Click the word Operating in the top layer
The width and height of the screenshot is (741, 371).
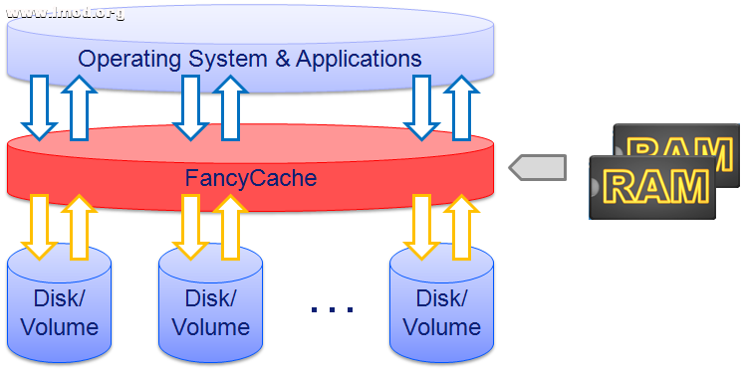pyautogui.click(x=126, y=58)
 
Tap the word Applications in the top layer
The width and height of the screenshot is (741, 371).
pyautogui.click(x=357, y=58)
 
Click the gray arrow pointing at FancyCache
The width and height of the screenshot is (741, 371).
pyautogui.click(x=537, y=167)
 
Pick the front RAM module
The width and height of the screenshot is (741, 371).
pyautogui.click(x=652, y=186)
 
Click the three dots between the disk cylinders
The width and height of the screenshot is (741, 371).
pyautogui.click(x=332, y=310)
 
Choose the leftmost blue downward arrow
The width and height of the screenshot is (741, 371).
pyautogui.click(x=41, y=108)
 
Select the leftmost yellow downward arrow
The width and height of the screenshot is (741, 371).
pyautogui.click(x=41, y=225)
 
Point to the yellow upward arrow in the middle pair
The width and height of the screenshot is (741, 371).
pyautogui.click(x=228, y=224)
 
